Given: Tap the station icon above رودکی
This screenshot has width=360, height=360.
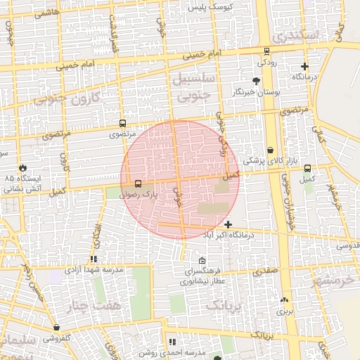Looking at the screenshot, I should (x=266, y=51).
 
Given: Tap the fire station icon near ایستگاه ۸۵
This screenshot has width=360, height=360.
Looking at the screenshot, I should (x=23, y=168).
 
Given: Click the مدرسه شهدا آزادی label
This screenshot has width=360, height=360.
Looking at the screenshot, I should (x=94, y=269).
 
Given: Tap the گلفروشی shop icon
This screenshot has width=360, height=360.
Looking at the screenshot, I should (x=56, y=328).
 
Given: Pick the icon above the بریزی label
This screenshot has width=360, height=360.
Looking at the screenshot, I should (x=284, y=299).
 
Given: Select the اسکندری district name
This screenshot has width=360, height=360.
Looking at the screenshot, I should (x=298, y=35).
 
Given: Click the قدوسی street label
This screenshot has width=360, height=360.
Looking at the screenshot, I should (x=347, y=246).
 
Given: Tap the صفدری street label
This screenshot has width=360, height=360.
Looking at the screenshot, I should (x=266, y=269).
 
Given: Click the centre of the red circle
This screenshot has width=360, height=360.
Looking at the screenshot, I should (x=180, y=179).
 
